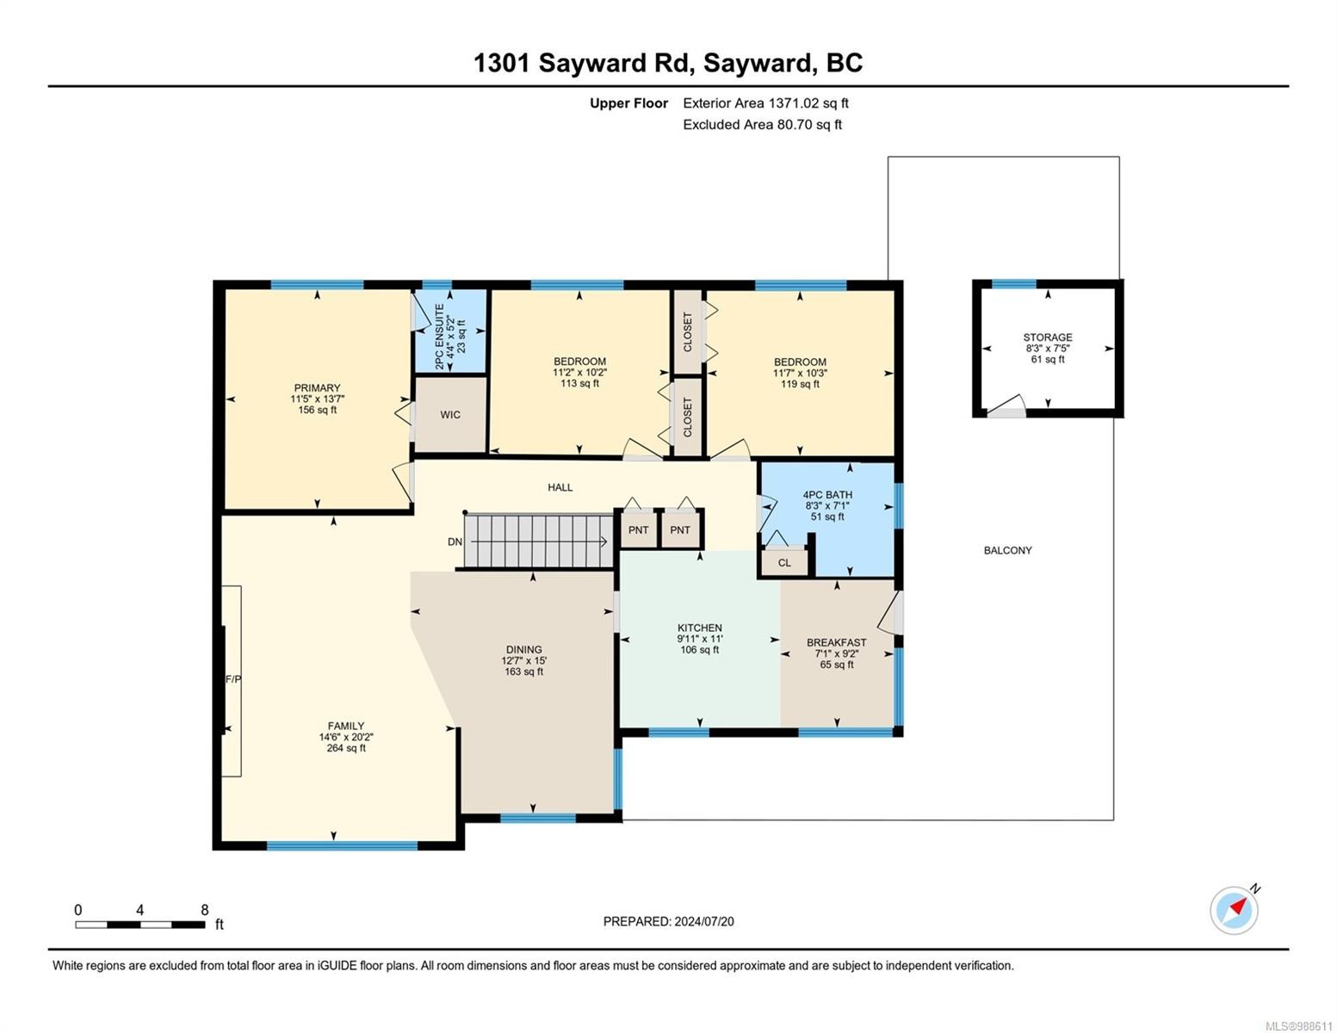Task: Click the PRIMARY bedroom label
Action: coord(317,388)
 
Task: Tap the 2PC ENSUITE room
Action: coord(450,331)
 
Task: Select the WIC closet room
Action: coord(450,415)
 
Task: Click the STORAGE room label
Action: coord(1048,337)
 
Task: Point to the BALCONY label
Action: coord(1007,550)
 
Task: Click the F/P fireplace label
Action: coord(232,679)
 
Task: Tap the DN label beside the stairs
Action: coord(455,541)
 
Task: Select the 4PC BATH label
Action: coord(827,495)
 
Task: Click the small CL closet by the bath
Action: coord(784,563)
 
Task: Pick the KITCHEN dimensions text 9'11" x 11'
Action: coord(700,639)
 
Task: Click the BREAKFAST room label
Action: coord(836,642)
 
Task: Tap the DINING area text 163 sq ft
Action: coord(523,671)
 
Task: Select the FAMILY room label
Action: coord(346,726)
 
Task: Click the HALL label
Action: coord(560,487)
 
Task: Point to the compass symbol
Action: coord(1235,910)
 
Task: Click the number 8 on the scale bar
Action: coord(205,910)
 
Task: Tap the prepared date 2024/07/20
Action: coord(704,921)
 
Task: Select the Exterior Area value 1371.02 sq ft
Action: coord(808,102)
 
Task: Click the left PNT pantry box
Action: coord(638,529)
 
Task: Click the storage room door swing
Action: coord(1007,406)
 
